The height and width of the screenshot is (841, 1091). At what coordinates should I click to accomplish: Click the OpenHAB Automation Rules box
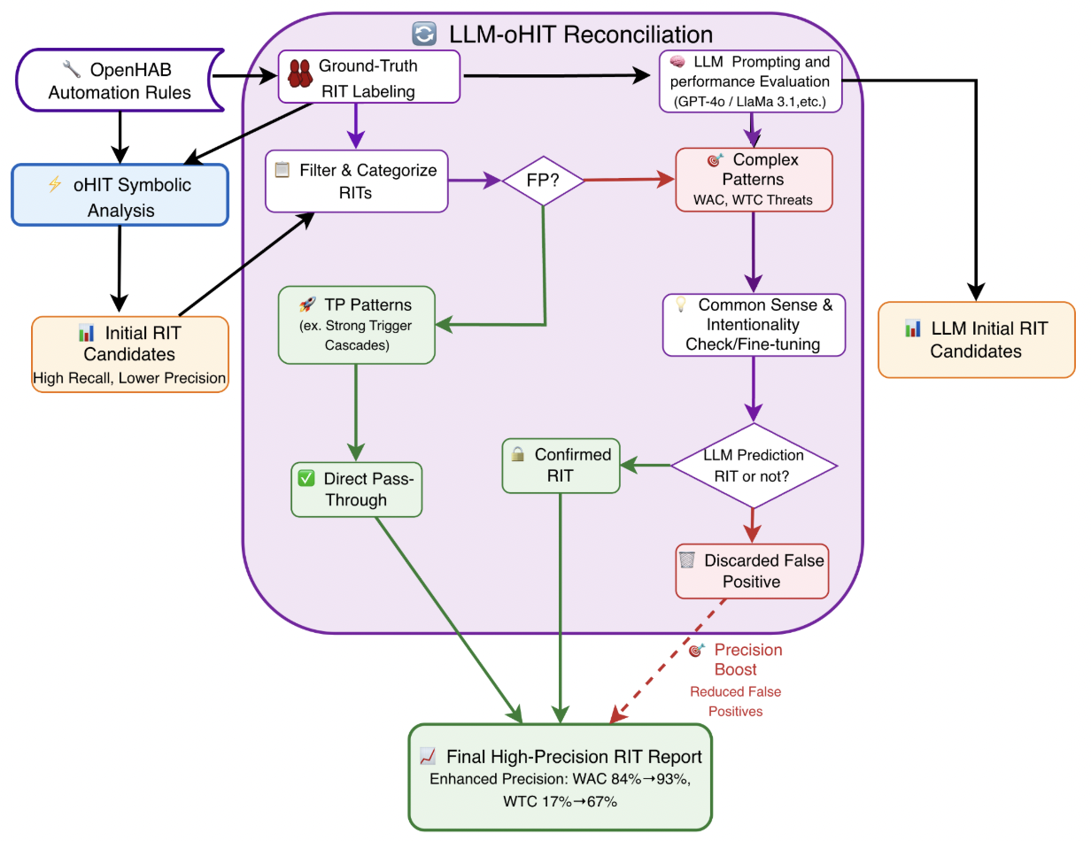pyautogui.click(x=120, y=81)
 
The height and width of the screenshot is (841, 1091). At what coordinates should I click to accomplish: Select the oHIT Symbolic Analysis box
pyautogui.click(x=120, y=197)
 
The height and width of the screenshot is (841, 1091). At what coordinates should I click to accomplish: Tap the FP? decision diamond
pyautogui.click(x=543, y=181)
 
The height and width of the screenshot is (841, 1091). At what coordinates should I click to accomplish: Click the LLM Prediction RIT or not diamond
pyautogui.click(x=753, y=465)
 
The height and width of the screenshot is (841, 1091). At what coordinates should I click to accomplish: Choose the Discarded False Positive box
pyautogui.click(x=752, y=571)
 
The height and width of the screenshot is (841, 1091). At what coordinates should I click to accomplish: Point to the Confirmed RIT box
pyautogui.click(x=561, y=465)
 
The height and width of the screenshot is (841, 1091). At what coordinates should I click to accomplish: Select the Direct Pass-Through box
pyautogui.click(x=356, y=489)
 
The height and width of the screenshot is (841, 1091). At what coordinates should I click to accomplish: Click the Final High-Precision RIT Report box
pyautogui.click(x=561, y=775)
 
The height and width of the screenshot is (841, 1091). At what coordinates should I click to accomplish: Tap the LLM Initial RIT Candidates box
pyautogui.click(x=976, y=339)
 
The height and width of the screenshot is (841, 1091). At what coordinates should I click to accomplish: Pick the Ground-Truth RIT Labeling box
pyautogui.click(x=368, y=77)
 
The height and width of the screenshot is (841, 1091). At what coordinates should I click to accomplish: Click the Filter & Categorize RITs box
pyautogui.click(x=356, y=181)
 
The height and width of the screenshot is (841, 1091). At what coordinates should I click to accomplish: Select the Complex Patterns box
pyautogui.click(x=753, y=180)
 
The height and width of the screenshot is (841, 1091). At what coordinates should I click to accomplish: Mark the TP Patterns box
pyautogui.click(x=356, y=324)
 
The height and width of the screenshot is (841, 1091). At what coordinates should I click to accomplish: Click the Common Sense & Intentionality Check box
pyautogui.click(x=753, y=324)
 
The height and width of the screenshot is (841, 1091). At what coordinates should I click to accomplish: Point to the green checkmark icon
pyautogui.click(x=306, y=478)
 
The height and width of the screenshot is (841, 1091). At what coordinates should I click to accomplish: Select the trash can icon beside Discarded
pyautogui.click(x=686, y=560)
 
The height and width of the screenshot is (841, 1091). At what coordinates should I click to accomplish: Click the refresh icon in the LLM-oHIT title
pyautogui.click(x=424, y=35)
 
